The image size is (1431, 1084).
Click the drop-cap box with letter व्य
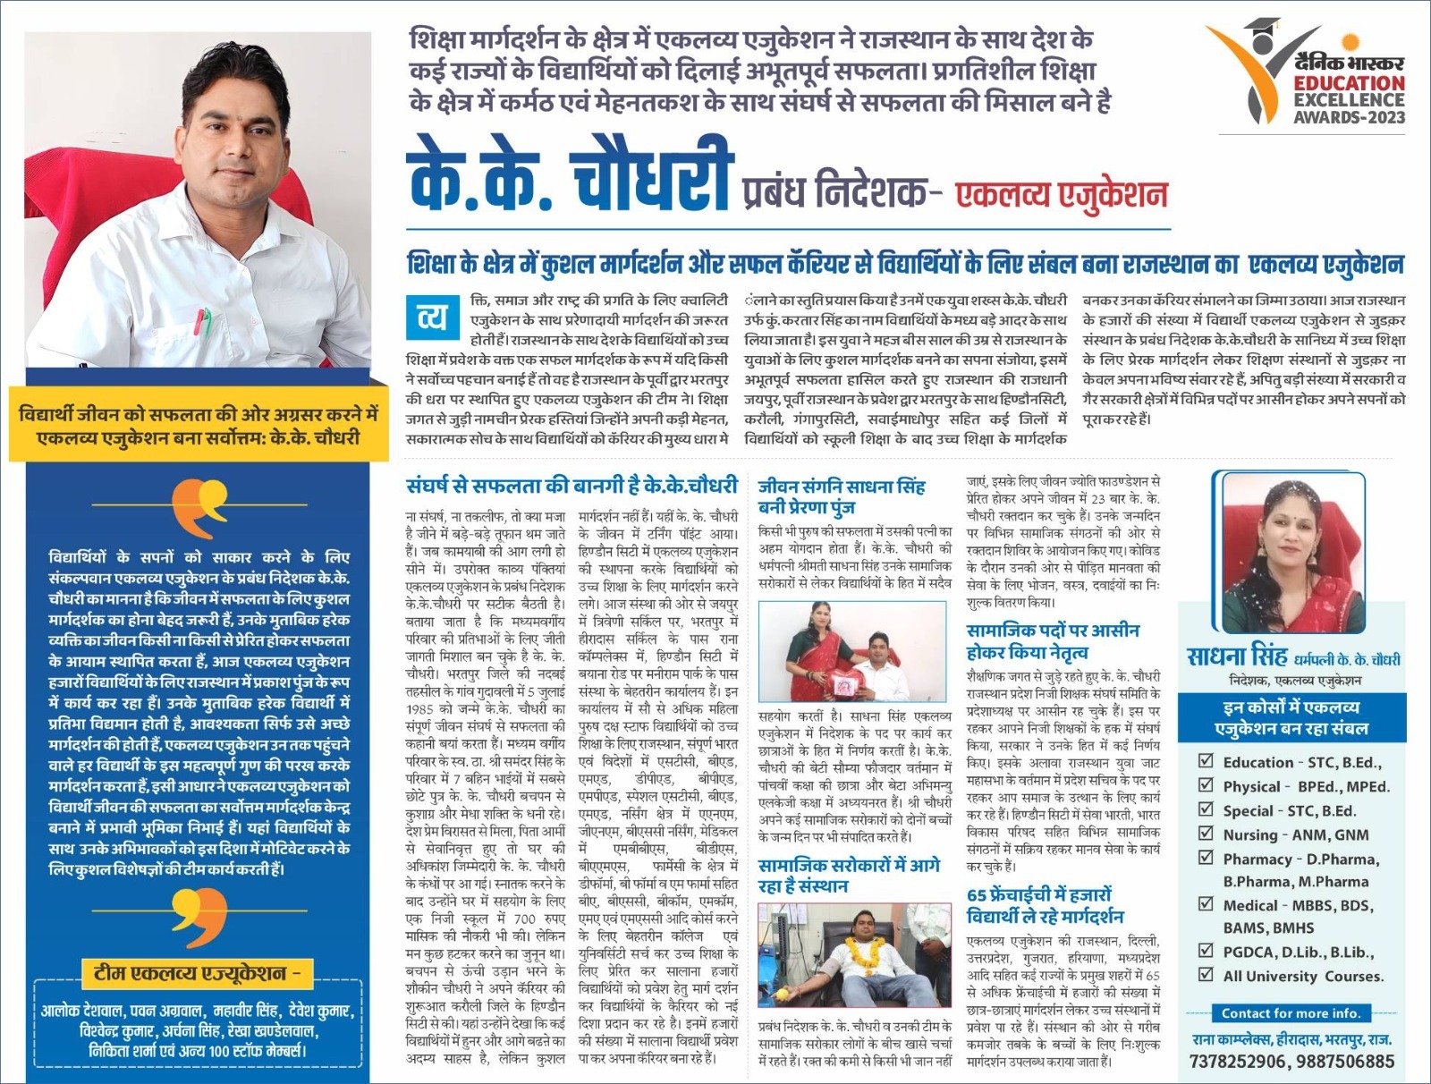pyautogui.click(x=432, y=318)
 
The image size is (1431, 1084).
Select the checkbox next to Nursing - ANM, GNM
pyautogui.click(x=1206, y=834)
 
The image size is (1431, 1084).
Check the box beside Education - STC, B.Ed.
pyautogui.click(x=1206, y=761)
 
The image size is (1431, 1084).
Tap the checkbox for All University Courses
pyautogui.click(x=1206, y=975)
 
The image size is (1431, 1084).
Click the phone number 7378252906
pyautogui.click(x=1238, y=1062)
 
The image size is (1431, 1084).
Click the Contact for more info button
pyautogui.click(x=1291, y=1013)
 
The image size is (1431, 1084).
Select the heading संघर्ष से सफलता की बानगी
pyautogui.click(x=572, y=486)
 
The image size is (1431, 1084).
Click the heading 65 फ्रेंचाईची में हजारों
pyautogui.click(x=1045, y=905)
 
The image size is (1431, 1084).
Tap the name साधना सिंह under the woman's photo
pyautogui.click(x=1237, y=656)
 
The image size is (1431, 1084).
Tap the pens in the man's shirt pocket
pyautogui.click(x=202, y=320)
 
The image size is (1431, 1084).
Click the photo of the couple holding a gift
pyautogui.click(x=851, y=651)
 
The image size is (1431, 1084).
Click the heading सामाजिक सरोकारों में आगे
pyautogui.click(x=848, y=876)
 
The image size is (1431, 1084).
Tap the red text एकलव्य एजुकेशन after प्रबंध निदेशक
pyautogui.click(x=1062, y=194)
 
